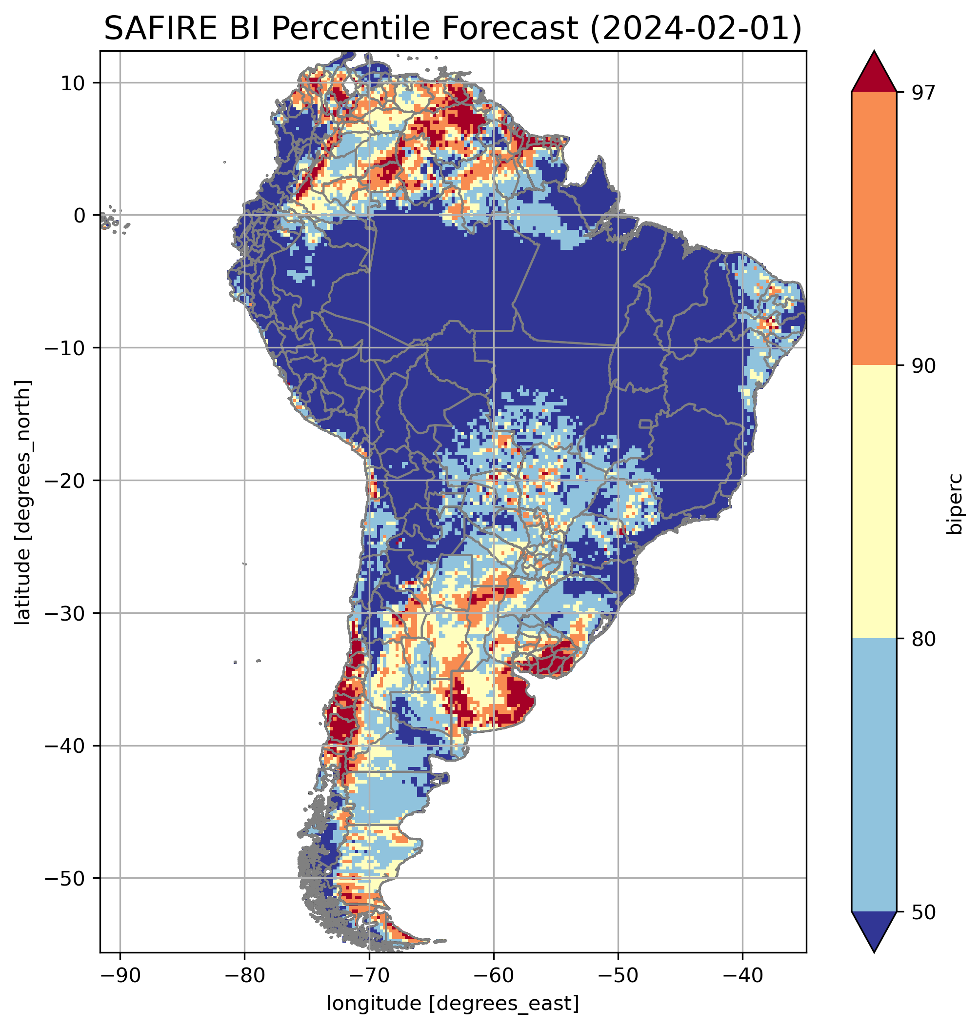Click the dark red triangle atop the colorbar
click(x=874, y=73)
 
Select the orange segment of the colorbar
click(x=874, y=229)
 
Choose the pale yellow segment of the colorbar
click(x=874, y=501)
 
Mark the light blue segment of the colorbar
click(x=874, y=775)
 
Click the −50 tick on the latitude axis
click(x=66, y=879)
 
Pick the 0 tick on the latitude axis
click(x=80, y=216)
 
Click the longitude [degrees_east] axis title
click(x=453, y=1003)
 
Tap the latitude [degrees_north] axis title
click(x=23, y=502)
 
